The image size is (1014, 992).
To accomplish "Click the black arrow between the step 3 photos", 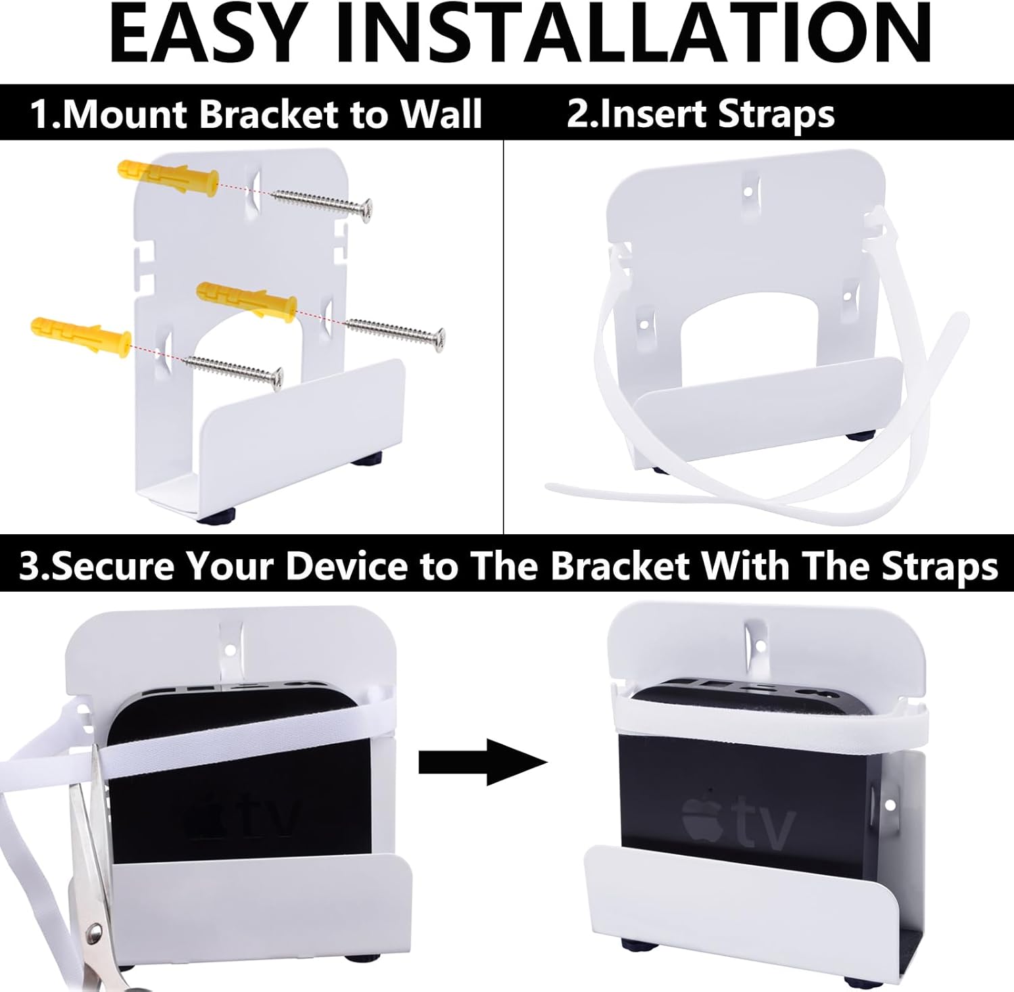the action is [x=482, y=763].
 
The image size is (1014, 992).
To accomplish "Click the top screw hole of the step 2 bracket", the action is [x=748, y=191].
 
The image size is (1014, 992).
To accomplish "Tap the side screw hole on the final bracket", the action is [x=890, y=805].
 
